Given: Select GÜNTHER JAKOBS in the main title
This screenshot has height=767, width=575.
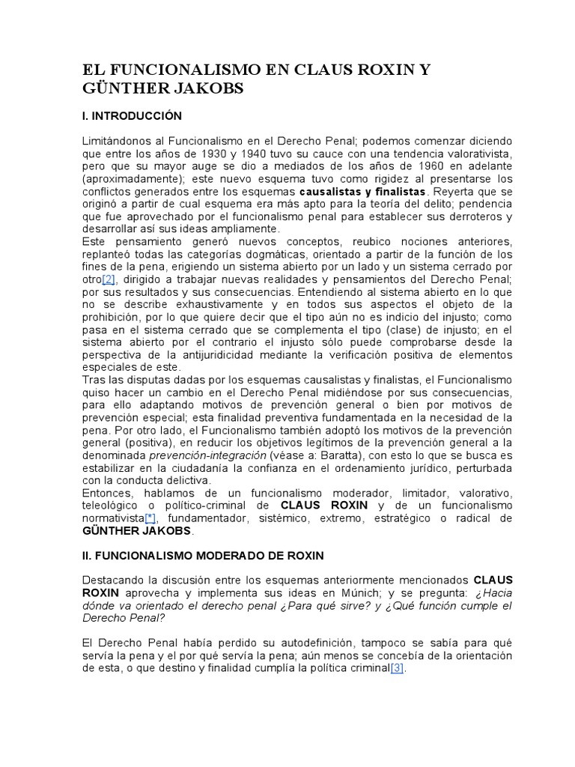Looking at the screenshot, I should [x=163, y=89].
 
